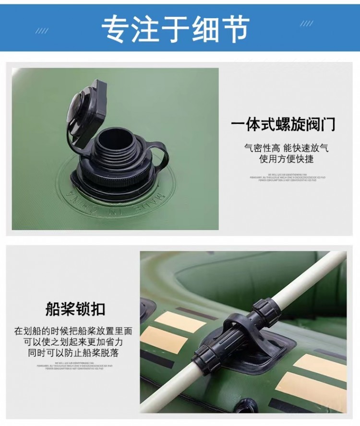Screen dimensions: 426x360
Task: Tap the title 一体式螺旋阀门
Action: coord(283,125)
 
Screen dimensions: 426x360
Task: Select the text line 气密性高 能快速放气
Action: coord(287,148)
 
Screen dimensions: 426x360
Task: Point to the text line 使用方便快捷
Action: coord(287,159)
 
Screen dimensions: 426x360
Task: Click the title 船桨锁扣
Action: coord(75,309)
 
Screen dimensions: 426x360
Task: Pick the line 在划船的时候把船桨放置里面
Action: coord(73,331)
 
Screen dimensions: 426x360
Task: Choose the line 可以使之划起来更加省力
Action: coord(73,342)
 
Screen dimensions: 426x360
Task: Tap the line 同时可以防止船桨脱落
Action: coord(73,353)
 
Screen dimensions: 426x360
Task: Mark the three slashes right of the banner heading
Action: coord(306,24)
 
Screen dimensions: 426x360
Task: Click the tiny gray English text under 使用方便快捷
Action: coord(287,177)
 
